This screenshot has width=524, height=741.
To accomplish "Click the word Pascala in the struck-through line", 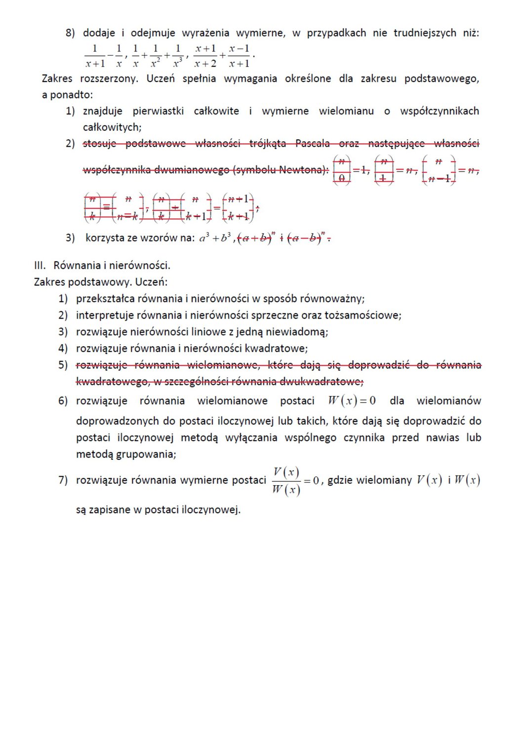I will (312, 143).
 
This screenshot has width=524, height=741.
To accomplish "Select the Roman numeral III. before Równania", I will (40, 266).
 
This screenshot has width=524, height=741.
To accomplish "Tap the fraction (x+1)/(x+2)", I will (205, 56).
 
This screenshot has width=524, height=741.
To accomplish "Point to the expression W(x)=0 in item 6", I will (352, 401).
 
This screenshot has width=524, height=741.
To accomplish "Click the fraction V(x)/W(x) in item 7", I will (286, 481).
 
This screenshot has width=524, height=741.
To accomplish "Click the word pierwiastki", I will (158, 111).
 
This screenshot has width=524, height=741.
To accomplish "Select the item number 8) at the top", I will (70, 33).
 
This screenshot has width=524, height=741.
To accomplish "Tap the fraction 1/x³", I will (177, 56).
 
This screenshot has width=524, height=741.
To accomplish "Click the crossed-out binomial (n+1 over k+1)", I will (239, 207).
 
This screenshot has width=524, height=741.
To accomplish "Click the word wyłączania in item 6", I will (253, 438).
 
